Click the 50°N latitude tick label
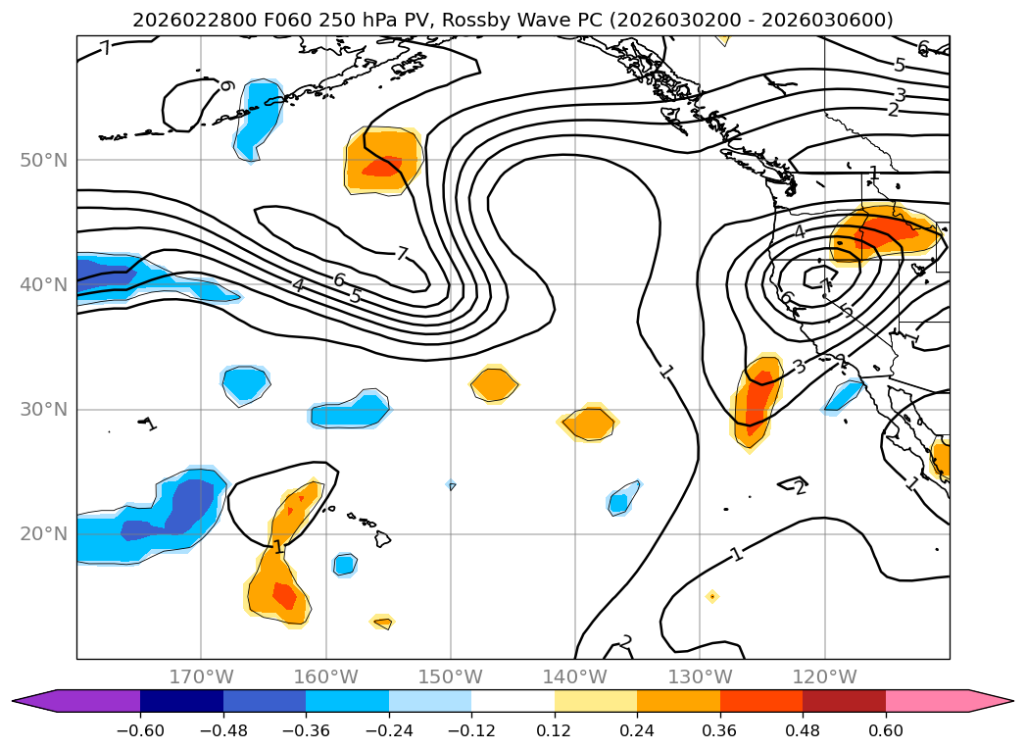click(x=43, y=160)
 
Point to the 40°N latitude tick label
click(x=43, y=284)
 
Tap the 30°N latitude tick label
click(x=43, y=409)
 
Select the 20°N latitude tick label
click(x=43, y=533)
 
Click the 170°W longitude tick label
click(x=201, y=676)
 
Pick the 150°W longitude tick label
click(x=451, y=676)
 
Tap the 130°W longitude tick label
click(x=700, y=676)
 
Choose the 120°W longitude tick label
click(x=824, y=676)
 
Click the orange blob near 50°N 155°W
click(x=383, y=160)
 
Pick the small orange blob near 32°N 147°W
click(x=494, y=383)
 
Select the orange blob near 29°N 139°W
click(x=589, y=423)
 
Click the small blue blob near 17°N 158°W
click(x=344, y=565)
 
